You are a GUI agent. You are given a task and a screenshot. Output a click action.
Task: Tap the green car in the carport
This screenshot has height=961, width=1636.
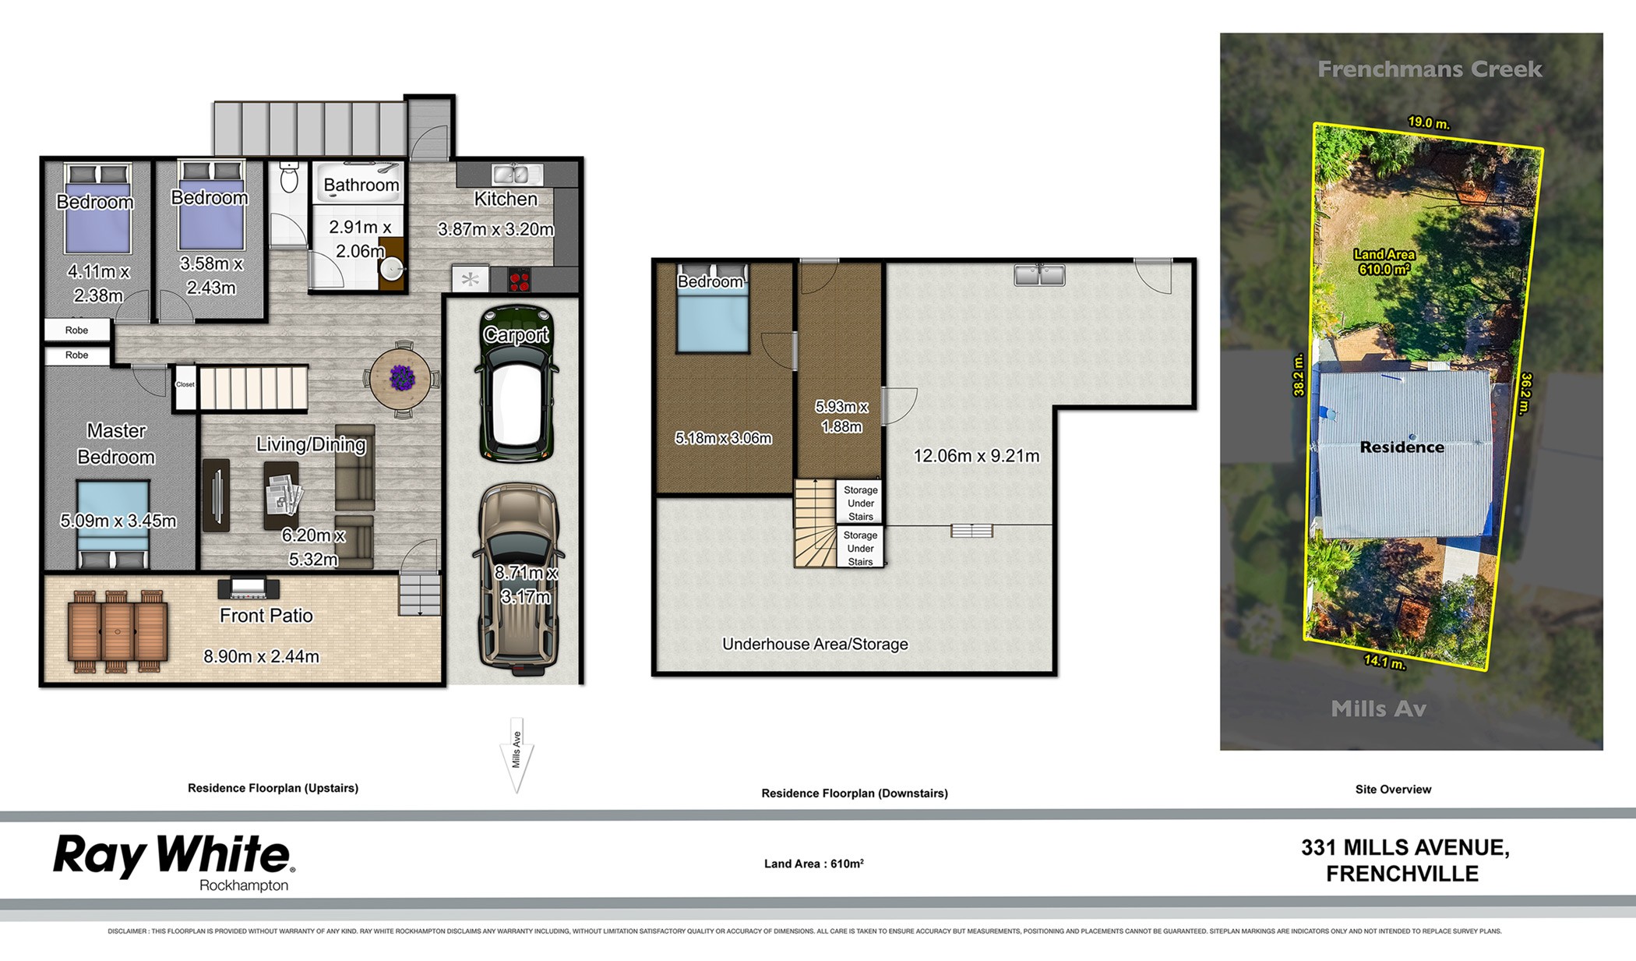click(517, 383)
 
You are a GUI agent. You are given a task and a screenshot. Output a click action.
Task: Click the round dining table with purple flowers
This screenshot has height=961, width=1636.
click(400, 379)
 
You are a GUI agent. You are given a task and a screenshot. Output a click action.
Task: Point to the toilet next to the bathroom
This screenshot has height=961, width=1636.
click(289, 178)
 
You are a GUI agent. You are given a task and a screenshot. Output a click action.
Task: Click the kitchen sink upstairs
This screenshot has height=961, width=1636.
click(511, 174)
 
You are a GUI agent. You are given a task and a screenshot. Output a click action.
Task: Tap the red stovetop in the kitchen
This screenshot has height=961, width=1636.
click(520, 279)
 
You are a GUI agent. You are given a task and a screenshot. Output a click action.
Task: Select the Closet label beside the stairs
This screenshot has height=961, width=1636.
click(185, 384)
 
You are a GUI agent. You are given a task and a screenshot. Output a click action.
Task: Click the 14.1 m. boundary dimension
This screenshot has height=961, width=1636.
click(1384, 662)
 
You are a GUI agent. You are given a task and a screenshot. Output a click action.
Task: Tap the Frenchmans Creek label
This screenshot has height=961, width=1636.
click(1430, 69)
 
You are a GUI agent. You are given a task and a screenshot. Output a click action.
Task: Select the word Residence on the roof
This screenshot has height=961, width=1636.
click(1402, 447)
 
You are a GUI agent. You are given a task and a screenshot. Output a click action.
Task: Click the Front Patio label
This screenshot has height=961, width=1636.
click(266, 616)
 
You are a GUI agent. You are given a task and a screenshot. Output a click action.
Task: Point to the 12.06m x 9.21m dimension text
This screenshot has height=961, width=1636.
click(976, 456)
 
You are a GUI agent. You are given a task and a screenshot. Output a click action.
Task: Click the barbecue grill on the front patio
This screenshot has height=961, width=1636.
click(249, 588)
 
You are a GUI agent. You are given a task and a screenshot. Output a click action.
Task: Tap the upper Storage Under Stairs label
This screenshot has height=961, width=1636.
click(861, 503)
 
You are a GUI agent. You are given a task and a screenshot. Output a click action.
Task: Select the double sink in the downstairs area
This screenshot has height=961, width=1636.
click(1039, 274)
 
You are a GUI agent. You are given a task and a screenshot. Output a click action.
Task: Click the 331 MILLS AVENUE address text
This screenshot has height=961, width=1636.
click(1405, 848)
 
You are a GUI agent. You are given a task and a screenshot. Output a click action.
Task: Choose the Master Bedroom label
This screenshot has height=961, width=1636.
click(116, 443)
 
